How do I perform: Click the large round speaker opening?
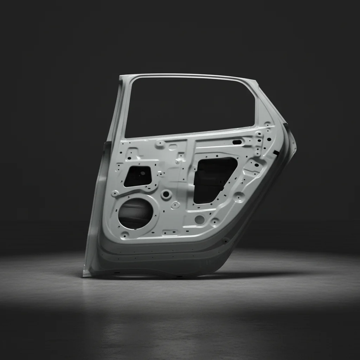[x=136, y=213]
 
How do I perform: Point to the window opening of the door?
[x=190, y=105]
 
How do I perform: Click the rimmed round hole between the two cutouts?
[x=166, y=194]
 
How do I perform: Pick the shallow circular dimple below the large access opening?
[x=200, y=220]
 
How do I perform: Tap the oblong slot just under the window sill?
[x=237, y=142]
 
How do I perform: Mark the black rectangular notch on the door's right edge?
[x=276, y=153]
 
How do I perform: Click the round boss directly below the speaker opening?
[x=125, y=234]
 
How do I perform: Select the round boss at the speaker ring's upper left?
[x=115, y=193]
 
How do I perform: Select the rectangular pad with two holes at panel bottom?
[x=170, y=232]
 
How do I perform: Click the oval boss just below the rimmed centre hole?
[x=175, y=205]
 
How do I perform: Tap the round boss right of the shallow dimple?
[x=215, y=221]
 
